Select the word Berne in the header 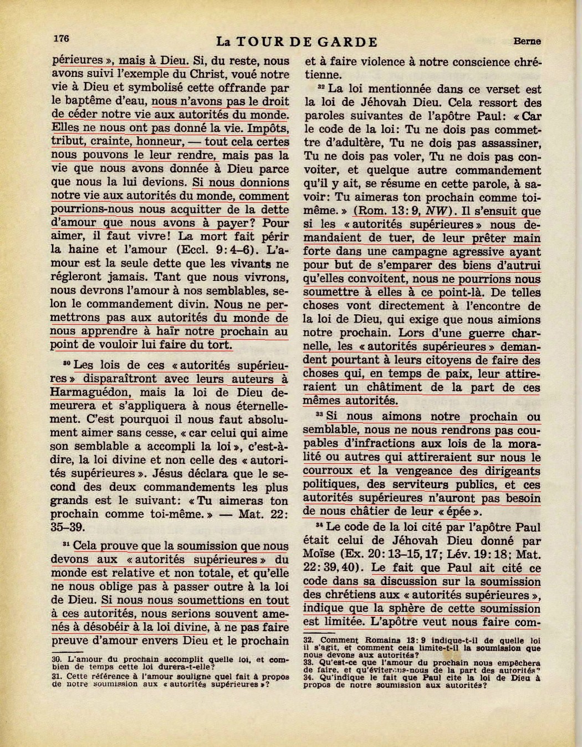pos(527,40)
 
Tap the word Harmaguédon pos(91,393)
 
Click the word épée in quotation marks pos(461,511)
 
